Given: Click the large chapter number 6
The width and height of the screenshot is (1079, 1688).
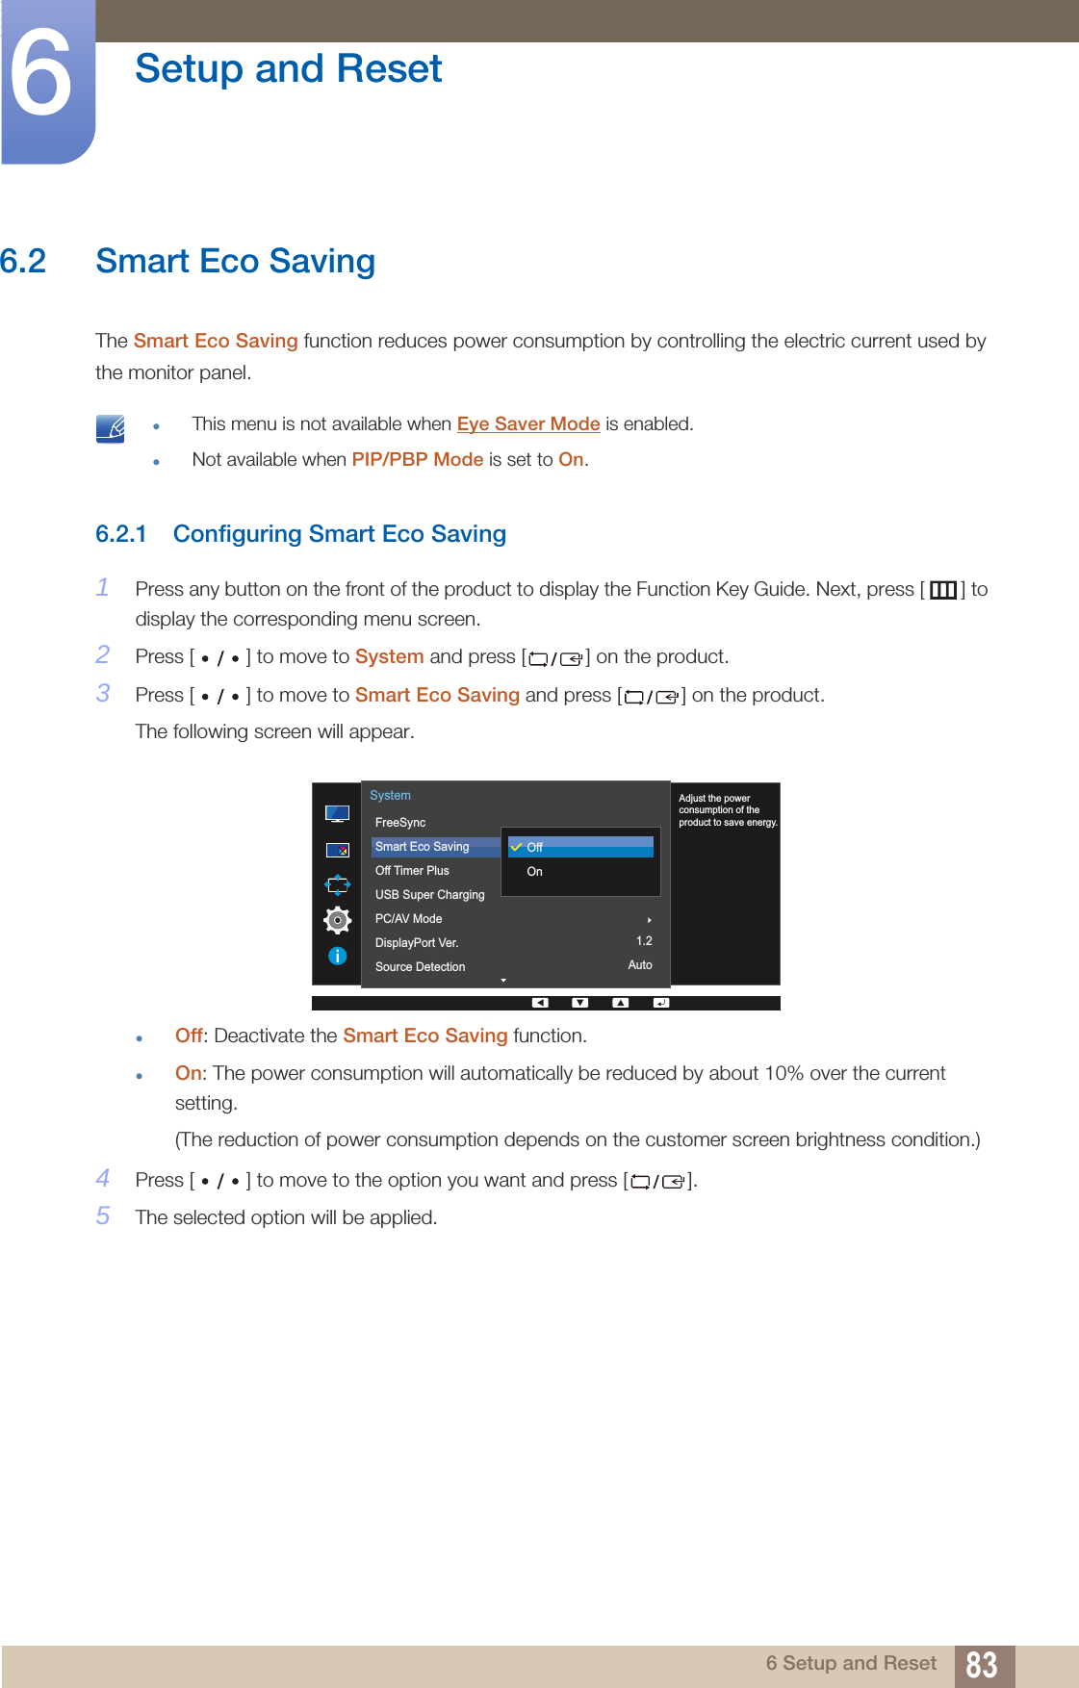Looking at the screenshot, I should pos(41,74).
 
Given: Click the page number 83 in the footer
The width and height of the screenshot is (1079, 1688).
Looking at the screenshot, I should pos(981,1665).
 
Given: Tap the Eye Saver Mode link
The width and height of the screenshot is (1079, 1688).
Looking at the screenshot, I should pos(528,424).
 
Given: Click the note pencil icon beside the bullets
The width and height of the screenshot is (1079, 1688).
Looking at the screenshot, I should pos(111,428).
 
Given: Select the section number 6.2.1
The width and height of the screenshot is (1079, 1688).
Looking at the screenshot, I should pos(121,534).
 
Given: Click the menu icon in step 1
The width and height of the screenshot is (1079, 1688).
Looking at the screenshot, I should pos(942,590).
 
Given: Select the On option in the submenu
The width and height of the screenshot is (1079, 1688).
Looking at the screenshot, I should pos(535,872).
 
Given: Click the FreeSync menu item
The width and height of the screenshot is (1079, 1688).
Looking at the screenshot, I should pos(400,823).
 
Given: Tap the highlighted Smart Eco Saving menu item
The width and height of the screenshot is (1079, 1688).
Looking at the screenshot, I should pos(423,847).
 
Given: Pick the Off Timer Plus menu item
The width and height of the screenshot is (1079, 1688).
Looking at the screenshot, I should pos(412,871).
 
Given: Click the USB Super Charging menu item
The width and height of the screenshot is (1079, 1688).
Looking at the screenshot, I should pos(429,895).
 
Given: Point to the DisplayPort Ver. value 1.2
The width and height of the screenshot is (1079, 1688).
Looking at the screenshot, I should pos(644,941).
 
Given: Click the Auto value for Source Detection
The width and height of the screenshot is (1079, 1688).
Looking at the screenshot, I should pos(640,965).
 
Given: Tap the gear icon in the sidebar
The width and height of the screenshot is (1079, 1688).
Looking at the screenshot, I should pos(337,920).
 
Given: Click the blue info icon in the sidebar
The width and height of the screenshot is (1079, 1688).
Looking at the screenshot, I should pos(337,956).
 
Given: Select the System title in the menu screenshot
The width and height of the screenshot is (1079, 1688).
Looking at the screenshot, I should pos(390,796).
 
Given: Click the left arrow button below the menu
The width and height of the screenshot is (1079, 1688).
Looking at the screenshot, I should pos(540,1003).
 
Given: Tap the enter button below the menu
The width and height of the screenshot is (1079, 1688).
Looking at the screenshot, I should pos(660,1003).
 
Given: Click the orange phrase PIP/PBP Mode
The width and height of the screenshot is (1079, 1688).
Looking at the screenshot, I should pos(417,460).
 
